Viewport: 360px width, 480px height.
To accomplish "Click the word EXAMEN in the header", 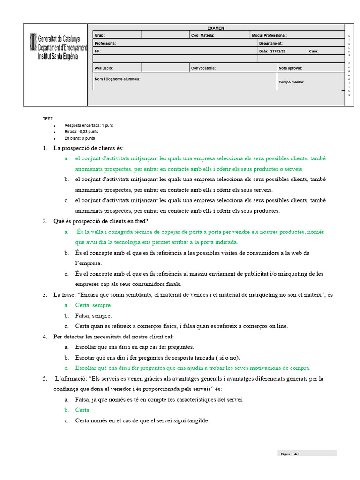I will click(216, 28).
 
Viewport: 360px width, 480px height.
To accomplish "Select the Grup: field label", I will click(100, 35).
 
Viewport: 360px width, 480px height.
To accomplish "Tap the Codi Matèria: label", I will click(202, 35).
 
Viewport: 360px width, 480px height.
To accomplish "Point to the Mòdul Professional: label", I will click(269, 35).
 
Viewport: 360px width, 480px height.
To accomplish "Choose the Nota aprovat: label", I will click(291, 68).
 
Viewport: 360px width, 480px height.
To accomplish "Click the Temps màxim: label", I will click(292, 82).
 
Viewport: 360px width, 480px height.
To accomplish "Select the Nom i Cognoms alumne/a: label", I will click(117, 79).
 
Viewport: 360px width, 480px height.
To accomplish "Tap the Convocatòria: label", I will click(203, 68).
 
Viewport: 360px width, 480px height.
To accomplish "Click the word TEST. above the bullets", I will click(48, 119).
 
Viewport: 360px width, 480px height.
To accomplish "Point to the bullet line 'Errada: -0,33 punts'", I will click(81, 132).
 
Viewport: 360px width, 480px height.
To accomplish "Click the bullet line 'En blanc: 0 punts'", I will click(80, 138).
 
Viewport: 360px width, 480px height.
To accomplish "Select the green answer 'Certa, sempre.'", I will click(94, 305).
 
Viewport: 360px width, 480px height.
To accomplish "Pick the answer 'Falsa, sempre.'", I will click(93, 315).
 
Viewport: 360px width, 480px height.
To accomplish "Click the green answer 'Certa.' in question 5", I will click(83, 410).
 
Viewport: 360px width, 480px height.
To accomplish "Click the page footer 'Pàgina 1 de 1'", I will click(290, 454).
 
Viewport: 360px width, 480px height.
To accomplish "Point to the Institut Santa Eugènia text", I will click(58, 56).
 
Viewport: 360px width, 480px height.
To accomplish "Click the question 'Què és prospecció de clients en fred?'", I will click(104, 221).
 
